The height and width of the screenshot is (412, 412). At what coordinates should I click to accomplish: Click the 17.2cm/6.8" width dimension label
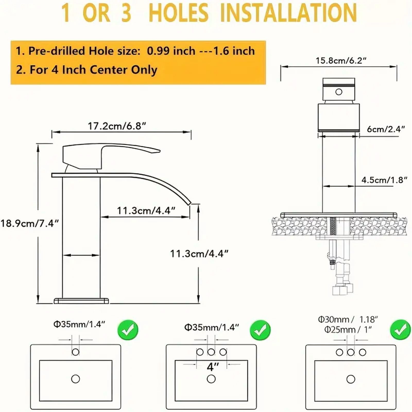point(117,126)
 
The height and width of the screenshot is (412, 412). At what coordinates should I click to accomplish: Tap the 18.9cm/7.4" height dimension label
point(30,223)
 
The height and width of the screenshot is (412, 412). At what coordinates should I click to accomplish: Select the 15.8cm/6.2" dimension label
point(341,61)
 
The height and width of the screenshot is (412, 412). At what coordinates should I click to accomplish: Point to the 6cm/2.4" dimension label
point(386,129)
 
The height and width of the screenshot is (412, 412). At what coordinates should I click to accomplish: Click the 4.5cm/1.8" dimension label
point(384,180)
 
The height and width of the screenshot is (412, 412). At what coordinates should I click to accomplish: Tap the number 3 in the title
point(126,13)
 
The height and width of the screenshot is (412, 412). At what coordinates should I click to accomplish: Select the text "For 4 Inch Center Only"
point(93,70)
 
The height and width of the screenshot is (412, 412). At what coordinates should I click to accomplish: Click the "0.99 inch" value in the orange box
point(171,51)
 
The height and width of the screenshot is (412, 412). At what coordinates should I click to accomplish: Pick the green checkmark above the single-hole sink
point(128,330)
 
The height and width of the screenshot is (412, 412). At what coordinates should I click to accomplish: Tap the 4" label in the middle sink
point(213,367)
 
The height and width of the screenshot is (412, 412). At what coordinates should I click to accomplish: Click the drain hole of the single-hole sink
point(75,379)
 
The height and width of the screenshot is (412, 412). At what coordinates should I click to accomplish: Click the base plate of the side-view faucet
point(81,301)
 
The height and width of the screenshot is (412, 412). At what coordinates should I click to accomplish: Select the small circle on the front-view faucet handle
point(339,92)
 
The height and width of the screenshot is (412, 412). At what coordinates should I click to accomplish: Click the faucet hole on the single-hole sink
point(75,352)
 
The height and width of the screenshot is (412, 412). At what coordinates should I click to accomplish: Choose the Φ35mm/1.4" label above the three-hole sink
point(212,327)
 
